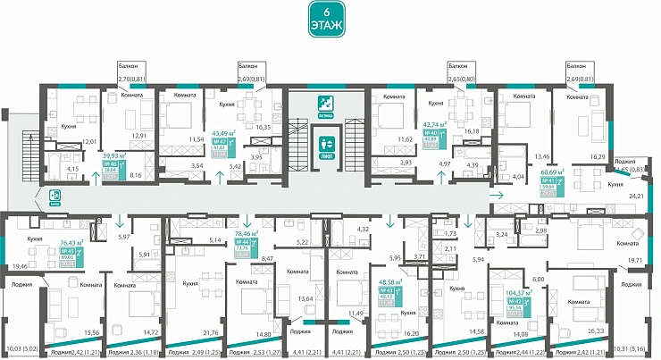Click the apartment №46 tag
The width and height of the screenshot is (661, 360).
tap(113, 168)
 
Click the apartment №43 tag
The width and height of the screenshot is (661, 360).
tap(414, 290)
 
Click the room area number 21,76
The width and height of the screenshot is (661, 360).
tap(188, 332)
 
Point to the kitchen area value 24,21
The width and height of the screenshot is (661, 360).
tap(638, 195)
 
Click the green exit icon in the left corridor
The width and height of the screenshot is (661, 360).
tap(53, 198)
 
